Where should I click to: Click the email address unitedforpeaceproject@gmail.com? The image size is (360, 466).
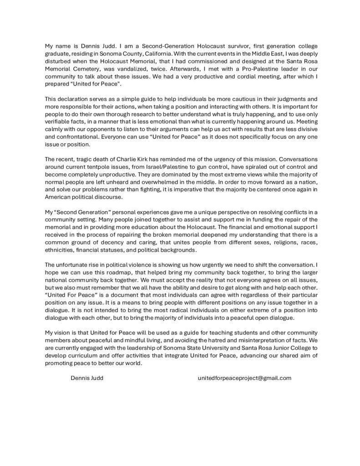pyautogui.click(x=244, y=378)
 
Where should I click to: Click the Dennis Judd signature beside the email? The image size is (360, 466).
pyautogui.click(x=87, y=378)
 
